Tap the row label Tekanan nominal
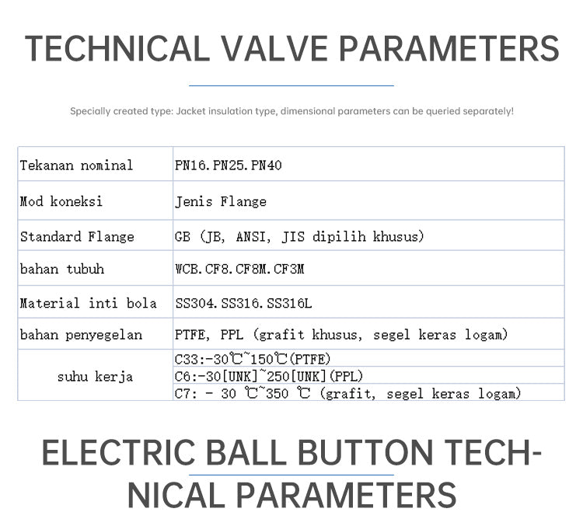point(76,165)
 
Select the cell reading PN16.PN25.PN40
point(229,165)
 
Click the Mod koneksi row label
point(61,201)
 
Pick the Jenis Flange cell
point(221,201)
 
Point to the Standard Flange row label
point(77,236)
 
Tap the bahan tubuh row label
point(62,268)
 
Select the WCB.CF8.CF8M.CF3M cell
point(239,268)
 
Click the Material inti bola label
point(88,303)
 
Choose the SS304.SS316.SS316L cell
point(243,303)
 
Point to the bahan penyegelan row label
point(81,335)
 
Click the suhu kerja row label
point(95,376)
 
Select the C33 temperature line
point(253,359)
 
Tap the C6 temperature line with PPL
point(268,376)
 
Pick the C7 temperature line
point(347,393)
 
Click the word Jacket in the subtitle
point(190,111)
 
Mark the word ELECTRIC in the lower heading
point(118,452)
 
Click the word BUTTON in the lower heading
point(365,452)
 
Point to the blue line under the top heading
point(291,86)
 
